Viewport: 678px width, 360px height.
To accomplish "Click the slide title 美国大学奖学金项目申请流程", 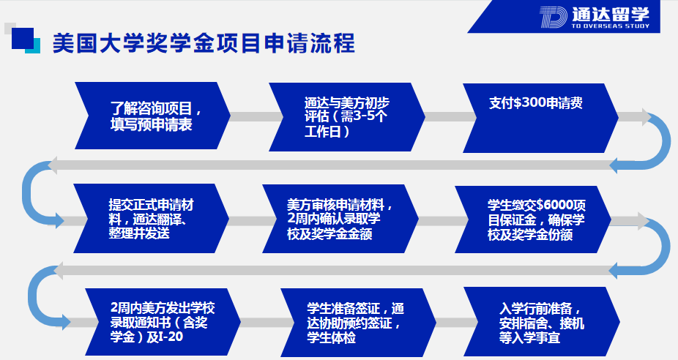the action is (x=204, y=44).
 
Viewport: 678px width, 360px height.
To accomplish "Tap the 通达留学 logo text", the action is (x=611, y=14).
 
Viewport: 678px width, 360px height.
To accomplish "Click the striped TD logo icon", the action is (x=553, y=18).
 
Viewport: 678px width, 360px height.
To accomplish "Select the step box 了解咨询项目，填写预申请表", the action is (x=152, y=116).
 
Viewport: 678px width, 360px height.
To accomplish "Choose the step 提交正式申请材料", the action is (x=151, y=218).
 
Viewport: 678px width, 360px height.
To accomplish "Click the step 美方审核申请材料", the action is (x=340, y=219).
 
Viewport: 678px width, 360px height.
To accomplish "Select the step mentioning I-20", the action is (x=163, y=322).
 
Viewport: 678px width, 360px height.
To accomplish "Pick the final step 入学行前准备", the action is (x=542, y=322).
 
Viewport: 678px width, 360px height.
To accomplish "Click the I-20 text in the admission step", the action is (x=171, y=337).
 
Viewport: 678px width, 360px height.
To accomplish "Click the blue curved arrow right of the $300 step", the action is (x=660, y=141).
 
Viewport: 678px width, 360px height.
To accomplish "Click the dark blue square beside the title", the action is (x=23, y=39).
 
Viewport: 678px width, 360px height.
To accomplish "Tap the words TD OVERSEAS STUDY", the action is (x=611, y=26).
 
